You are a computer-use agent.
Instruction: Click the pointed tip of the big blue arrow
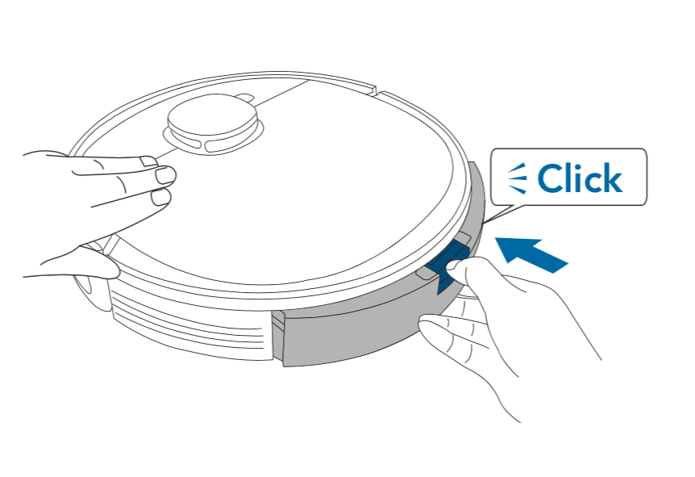pos(495,238)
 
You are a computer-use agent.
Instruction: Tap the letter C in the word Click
pos(549,178)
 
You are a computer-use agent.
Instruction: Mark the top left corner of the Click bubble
pos(491,149)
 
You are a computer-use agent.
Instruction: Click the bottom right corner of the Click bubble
pos(647,204)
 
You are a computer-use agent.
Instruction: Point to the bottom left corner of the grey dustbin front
pos(284,366)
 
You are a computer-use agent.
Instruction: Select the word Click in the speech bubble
pos(581,178)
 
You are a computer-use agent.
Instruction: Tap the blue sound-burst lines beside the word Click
pos(518,178)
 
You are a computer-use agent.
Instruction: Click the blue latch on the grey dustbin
pos(447,265)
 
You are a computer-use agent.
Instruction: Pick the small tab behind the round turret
pos(244,97)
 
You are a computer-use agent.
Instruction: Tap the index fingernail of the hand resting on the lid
pos(165,176)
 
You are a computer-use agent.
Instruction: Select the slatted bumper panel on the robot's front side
pos(190,324)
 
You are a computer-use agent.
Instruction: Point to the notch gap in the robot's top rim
pos(378,91)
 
